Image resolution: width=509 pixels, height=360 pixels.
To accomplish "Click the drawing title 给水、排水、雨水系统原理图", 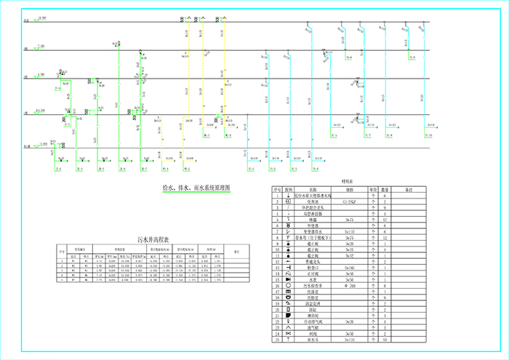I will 196,188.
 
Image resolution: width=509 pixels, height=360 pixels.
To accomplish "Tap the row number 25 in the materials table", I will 277,339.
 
